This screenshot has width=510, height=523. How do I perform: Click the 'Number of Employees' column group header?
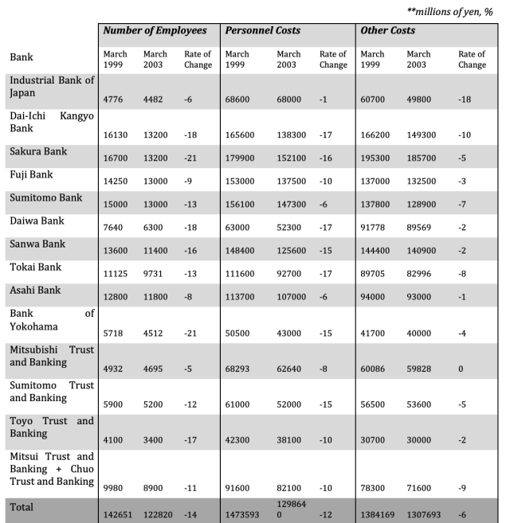155,30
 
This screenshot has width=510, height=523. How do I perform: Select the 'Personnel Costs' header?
264,30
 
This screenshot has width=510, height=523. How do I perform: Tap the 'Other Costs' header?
388,30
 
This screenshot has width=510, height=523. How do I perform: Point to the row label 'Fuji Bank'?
33,175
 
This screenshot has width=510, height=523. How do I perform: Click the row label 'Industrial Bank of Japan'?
51,87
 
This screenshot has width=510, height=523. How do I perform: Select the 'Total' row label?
23,506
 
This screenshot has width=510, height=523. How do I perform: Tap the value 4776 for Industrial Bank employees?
116,99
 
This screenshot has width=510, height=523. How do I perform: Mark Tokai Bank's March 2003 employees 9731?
155,274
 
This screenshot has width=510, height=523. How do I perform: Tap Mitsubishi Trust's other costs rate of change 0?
461,368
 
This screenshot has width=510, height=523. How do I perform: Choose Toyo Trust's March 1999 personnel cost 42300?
238,438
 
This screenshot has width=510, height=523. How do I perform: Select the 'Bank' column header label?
22,57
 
